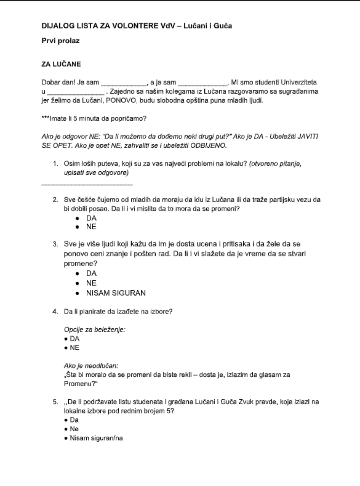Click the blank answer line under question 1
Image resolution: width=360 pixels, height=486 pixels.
click(87, 184)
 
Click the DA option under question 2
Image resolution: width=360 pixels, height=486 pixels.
click(91, 219)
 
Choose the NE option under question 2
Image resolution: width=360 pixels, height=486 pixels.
click(91, 227)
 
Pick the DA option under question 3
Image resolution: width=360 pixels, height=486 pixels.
click(92, 274)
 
